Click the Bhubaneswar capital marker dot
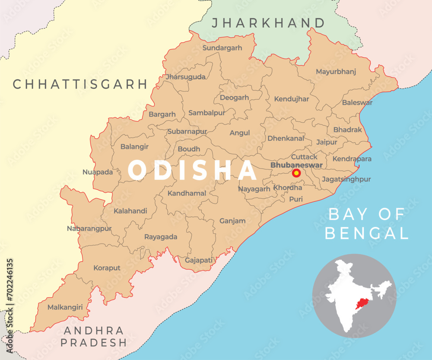click(x=296, y=173)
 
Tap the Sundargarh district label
click(x=222, y=48)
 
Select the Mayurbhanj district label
click(x=336, y=72)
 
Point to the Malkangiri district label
click(x=65, y=308)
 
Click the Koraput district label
click(x=107, y=268)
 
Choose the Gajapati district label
click(x=199, y=260)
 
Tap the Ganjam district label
click(x=232, y=221)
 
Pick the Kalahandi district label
click(x=130, y=211)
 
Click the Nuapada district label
click(x=98, y=172)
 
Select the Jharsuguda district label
click(x=185, y=77)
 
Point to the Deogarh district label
click(x=234, y=97)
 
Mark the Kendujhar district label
click(x=292, y=99)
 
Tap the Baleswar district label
click(x=357, y=103)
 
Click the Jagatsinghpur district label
click(x=346, y=179)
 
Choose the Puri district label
click(x=296, y=199)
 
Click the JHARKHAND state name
click(x=268, y=23)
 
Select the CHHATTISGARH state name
click(x=80, y=84)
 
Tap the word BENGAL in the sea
click(x=367, y=233)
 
